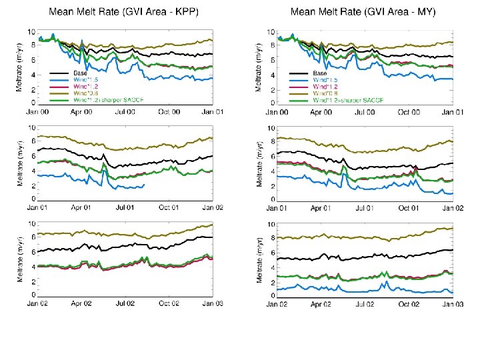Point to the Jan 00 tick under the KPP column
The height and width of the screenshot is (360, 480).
38,111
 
